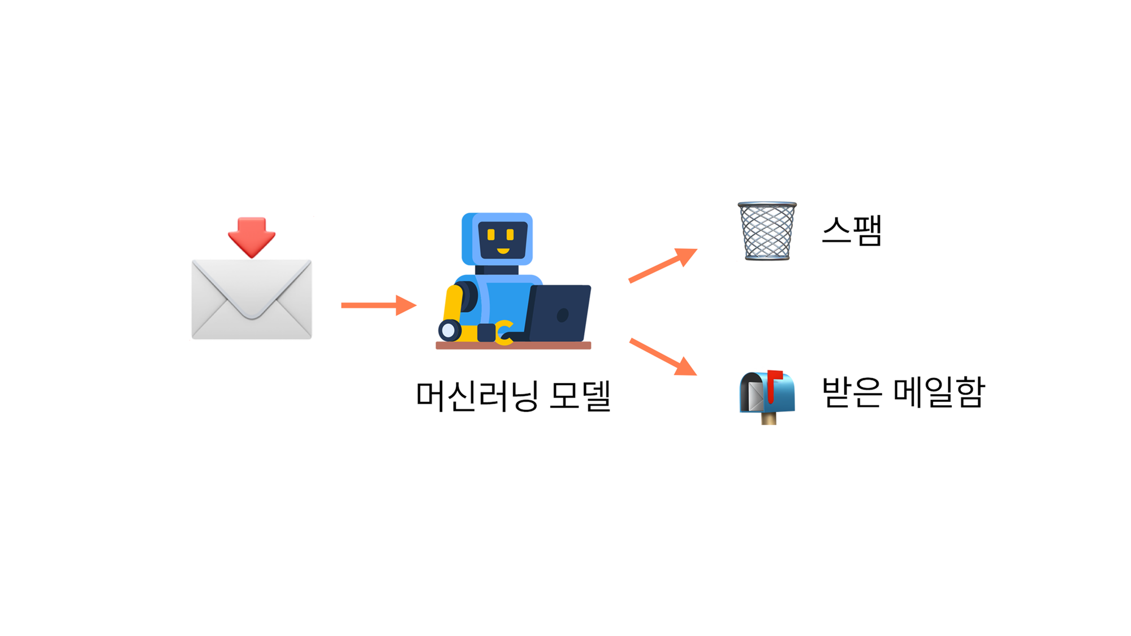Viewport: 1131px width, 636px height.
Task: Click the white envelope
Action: pyautogui.click(x=252, y=300)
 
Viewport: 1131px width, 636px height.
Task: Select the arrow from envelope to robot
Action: pyautogui.click(x=378, y=305)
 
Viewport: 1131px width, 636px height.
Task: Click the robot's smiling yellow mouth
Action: pyautogui.click(x=503, y=251)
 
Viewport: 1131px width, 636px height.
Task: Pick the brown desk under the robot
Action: pyautogui.click(x=513, y=345)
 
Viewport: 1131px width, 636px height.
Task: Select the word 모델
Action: pyautogui.click(x=580, y=395)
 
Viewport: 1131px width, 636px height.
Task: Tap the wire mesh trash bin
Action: pyautogui.click(x=767, y=231)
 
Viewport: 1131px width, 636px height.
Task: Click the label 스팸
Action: pyautogui.click(x=852, y=231)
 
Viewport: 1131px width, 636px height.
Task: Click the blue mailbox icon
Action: pyautogui.click(x=767, y=393)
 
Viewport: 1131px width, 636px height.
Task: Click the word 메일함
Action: pyautogui.click(x=939, y=392)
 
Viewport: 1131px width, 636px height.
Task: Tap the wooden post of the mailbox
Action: pyautogui.click(x=769, y=418)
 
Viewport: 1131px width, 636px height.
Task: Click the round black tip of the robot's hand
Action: pyautogui.click(x=449, y=330)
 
